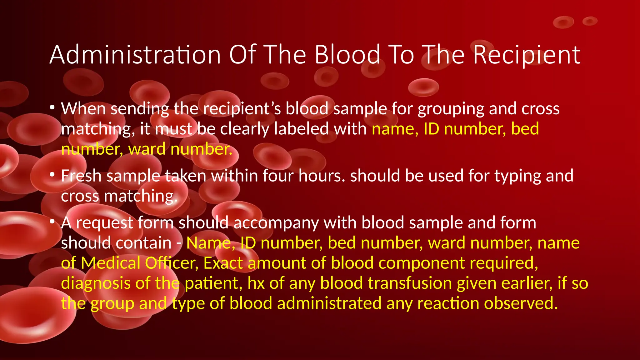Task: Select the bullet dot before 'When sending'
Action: click(x=52, y=108)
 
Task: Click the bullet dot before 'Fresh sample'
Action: click(x=52, y=175)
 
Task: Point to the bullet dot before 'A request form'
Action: click(x=52, y=222)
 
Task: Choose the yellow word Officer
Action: click(x=170, y=263)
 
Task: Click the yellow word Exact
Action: click(x=223, y=263)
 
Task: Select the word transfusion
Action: click(x=410, y=283)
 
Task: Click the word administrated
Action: click(x=329, y=303)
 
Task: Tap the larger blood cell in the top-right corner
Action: click(x=563, y=22)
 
